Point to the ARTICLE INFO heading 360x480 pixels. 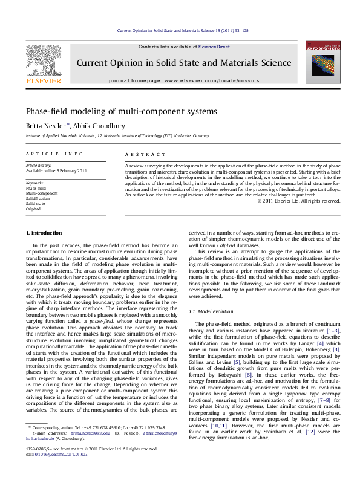[54, 155]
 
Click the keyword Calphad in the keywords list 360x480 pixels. [34, 209]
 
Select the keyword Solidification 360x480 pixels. [38, 198]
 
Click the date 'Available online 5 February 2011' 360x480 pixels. [56, 171]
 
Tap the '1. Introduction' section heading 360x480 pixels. [44, 233]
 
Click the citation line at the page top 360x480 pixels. [182, 30]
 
